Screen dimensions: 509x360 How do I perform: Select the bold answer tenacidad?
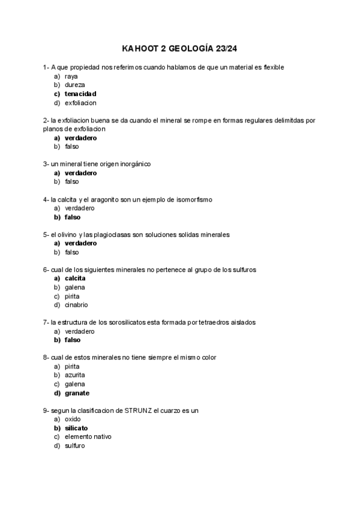pyautogui.click(x=80, y=94)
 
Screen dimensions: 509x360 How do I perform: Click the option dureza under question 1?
pyautogui.click(x=74, y=85)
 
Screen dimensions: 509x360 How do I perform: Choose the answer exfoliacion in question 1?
pyautogui.click(x=80, y=103)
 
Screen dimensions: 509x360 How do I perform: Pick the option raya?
pyautogui.click(x=71, y=76)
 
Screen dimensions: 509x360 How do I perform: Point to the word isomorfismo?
pyautogui.click(x=192, y=199)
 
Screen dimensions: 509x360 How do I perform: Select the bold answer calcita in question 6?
pyautogui.click(x=75, y=279)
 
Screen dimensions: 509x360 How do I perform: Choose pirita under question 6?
pyautogui.click(x=72, y=296)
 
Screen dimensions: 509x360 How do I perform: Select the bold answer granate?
pyautogui.click(x=77, y=393)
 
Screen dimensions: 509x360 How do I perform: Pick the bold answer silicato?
pyautogui.click(x=76, y=428)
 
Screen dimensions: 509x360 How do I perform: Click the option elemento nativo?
pyautogui.click(x=88, y=437)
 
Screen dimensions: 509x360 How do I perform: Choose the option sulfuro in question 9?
pyautogui.click(x=74, y=446)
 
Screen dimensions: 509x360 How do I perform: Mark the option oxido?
pyautogui.click(x=73, y=419)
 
